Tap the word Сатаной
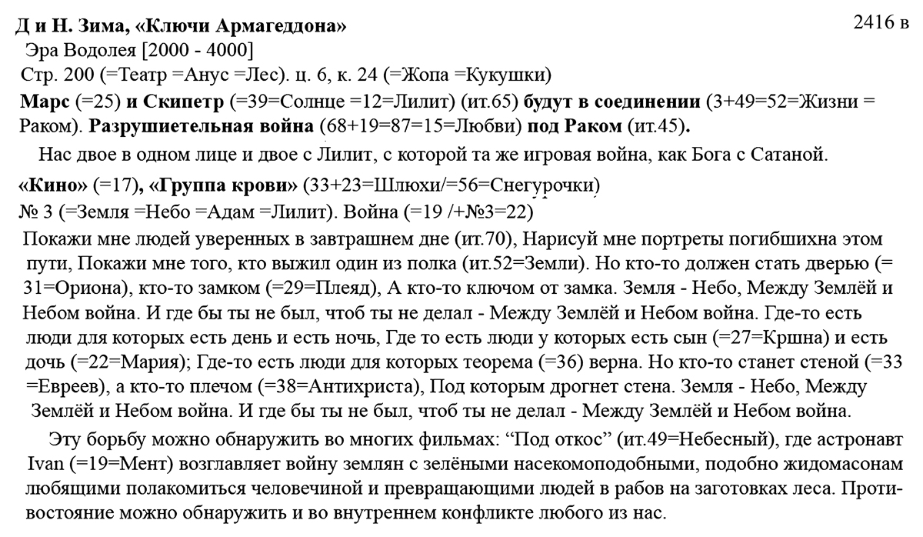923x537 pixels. pos(795,155)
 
